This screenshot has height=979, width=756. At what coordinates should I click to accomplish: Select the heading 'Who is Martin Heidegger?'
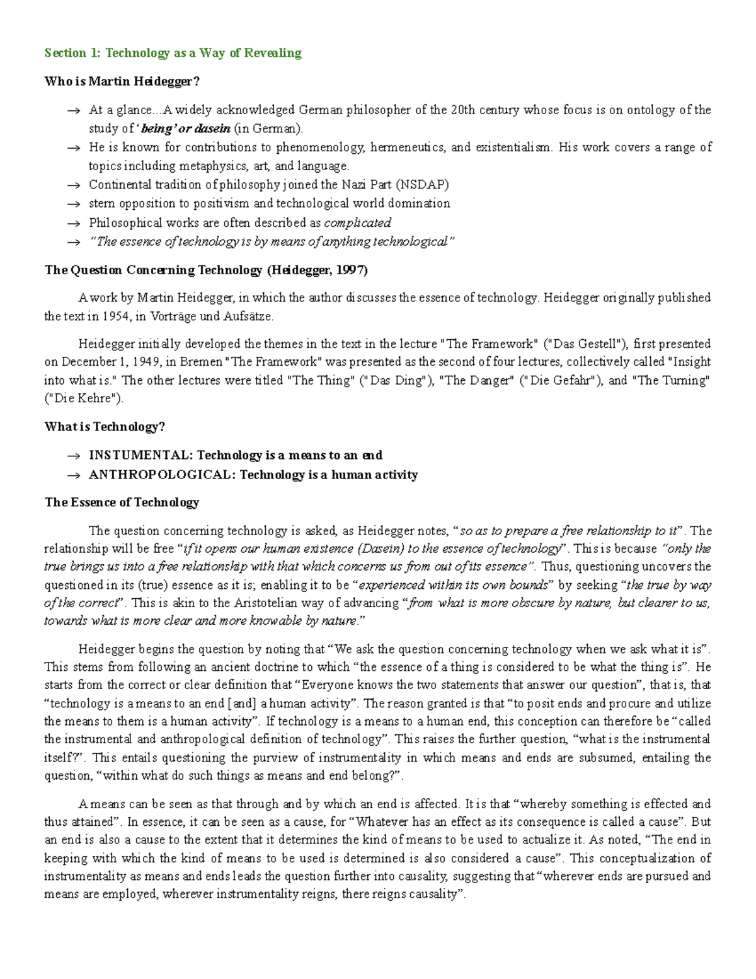[x=122, y=81]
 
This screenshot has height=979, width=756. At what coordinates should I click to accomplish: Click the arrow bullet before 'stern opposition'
[x=74, y=204]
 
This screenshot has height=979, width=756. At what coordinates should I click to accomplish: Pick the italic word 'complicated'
[x=357, y=223]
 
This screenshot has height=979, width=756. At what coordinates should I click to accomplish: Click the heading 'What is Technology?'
[x=105, y=427]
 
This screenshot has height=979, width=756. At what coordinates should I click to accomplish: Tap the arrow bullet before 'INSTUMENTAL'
[x=74, y=456]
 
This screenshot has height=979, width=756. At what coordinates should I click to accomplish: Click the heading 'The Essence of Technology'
[x=122, y=502]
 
